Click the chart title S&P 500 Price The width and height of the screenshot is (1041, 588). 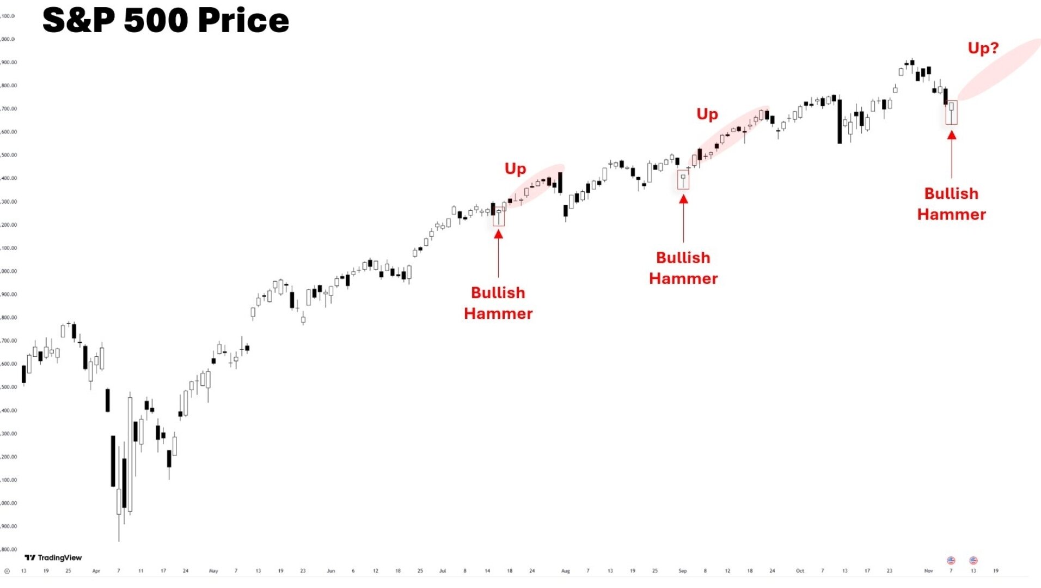pyautogui.click(x=166, y=21)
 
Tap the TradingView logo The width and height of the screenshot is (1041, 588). pyautogui.click(x=53, y=557)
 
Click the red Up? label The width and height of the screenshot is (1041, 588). pyautogui.click(x=983, y=49)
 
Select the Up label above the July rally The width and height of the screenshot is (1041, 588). pyautogui.click(x=515, y=169)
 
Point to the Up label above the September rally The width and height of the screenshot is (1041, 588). pyautogui.click(x=707, y=114)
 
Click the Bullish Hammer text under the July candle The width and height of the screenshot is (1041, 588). pyautogui.click(x=498, y=303)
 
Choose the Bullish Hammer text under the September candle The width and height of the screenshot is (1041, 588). pyautogui.click(x=683, y=268)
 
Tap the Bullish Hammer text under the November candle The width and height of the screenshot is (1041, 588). pyautogui.click(x=951, y=204)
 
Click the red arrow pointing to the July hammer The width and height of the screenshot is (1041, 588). pyautogui.click(x=498, y=253)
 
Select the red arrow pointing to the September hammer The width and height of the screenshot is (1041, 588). pyautogui.click(x=683, y=217)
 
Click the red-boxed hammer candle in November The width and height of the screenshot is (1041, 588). pyautogui.click(x=951, y=112)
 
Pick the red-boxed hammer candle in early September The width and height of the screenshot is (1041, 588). pyautogui.click(x=683, y=180)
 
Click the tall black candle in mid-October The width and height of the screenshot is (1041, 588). pyautogui.click(x=839, y=121)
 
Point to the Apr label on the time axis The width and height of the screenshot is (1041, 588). pyautogui.click(x=96, y=571)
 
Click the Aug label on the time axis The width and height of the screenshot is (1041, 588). pyautogui.click(x=565, y=571)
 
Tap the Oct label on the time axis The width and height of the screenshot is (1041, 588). pyautogui.click(x=799, y=571)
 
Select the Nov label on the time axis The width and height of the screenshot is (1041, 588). pyautogui.click(x=928, y=571)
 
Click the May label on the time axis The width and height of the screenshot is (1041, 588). pyautogui.click(x=213, y=571)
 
